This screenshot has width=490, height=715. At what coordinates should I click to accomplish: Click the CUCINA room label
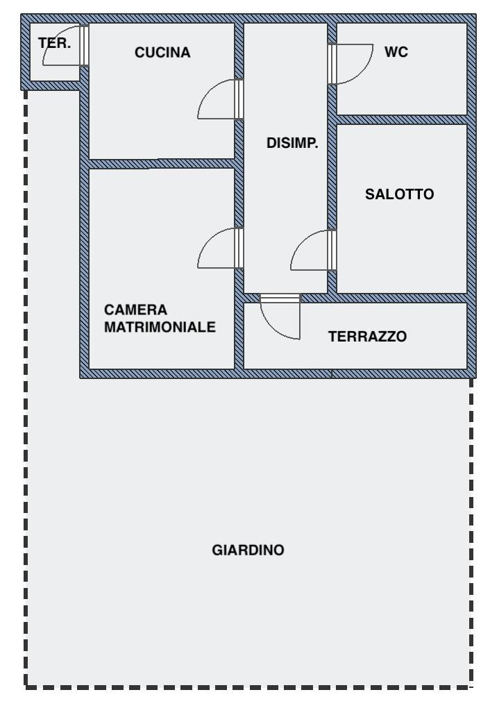pyautogui.click(x=163, y=52)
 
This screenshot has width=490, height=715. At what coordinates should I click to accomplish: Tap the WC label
pyautogui.click(x=396, y=52)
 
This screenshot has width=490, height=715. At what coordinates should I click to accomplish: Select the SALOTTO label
pyautogui.click(x=400, y=195)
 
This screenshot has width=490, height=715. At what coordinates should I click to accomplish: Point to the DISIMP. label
pyautogui.click(x=292, y=144)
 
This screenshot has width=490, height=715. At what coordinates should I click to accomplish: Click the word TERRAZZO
pyautogui.click(x=368, y=337)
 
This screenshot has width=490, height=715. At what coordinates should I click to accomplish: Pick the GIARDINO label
pyautogui.click(x=248, y=550)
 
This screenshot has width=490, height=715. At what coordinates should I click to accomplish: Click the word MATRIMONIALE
pyautogui.click(x=160, y=327)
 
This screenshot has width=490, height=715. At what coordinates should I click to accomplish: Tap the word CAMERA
pyautogui.click(x=136, y=310)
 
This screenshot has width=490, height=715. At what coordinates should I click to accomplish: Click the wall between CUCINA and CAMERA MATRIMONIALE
pyautogui.click(x=162, y=164)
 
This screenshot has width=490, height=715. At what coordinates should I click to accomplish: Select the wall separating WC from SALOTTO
pyautogui.click(x=402, y=119)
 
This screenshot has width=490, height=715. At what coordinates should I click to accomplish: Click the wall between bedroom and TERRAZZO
pyautogui.click(x=239, y=333)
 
